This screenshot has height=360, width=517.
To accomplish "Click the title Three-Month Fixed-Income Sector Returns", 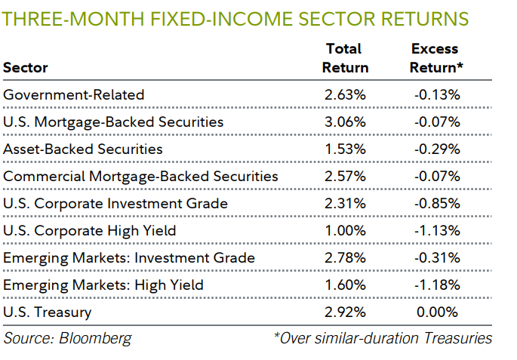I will point(235,18).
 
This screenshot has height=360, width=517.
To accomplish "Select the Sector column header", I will point(26,67).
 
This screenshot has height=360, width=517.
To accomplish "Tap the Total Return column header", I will point(345,58).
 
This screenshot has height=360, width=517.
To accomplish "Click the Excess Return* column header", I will point(436,58).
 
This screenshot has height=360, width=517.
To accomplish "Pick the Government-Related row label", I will point(73,94).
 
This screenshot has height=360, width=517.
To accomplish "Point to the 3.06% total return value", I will point(345,122).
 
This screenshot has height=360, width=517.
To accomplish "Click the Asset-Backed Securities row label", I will point(83,149).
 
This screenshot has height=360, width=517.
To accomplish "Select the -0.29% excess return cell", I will point(436,149).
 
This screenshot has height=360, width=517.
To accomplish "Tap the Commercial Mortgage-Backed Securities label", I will point(140,176).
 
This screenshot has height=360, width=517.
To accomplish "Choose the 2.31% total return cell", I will point(345,203).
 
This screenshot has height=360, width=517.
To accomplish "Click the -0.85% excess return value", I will point(436,203).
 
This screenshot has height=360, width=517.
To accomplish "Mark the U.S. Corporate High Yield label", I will point(90,230).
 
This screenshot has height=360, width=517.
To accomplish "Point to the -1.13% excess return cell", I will point(436,230).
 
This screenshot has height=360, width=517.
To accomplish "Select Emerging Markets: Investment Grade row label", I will point(129,257).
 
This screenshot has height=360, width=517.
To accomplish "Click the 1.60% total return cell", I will point(345,285).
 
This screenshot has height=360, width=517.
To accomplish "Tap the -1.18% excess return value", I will point(436,285).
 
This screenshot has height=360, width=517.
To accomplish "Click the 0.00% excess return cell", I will point(438,312).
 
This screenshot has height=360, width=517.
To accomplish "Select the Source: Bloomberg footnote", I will point(67,337).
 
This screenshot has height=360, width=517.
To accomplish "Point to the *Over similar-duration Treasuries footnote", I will point(383,337).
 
